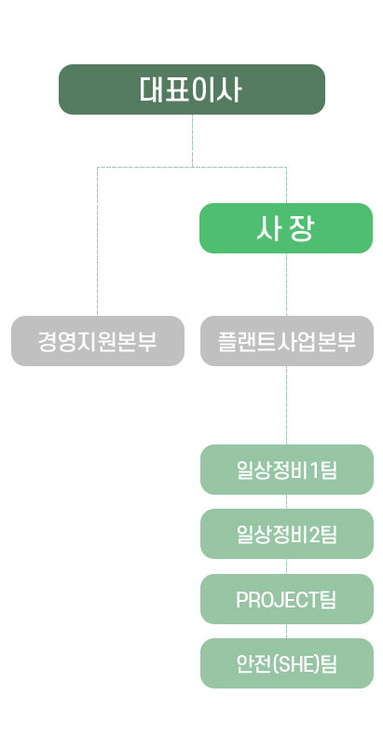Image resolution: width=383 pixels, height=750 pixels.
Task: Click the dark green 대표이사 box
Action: (192, 89)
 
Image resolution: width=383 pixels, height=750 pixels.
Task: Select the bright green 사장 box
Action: (286, 228)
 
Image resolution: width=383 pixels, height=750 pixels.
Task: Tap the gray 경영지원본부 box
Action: (98, 341)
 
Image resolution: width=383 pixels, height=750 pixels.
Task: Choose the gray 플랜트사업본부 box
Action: (287, 341)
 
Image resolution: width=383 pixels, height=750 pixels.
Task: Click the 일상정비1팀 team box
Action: (287, 470)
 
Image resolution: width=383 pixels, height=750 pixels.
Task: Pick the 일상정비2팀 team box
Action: (287, 534)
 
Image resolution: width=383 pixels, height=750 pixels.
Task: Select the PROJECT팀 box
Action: (287, 599)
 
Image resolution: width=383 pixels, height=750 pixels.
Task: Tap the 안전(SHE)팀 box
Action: (287, 663)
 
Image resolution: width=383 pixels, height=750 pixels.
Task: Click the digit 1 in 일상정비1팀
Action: (315, 470)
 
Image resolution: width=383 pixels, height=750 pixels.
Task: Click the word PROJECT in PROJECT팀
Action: (278, 599)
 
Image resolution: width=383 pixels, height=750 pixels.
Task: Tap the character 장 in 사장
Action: (301, 228)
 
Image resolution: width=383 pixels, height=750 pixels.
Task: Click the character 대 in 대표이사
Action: (152, 89)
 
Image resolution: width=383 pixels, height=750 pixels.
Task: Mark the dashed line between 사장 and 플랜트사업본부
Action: (287, 284)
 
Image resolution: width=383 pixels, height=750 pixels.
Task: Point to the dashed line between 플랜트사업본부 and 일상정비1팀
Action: (287, 405)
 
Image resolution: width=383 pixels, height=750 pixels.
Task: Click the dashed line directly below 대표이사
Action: (192, 141)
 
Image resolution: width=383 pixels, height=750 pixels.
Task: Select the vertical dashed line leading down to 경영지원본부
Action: (98, 241)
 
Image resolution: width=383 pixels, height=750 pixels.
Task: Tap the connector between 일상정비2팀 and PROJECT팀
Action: (287, 566)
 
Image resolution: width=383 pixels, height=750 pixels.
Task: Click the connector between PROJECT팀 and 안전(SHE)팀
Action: (287, 631)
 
